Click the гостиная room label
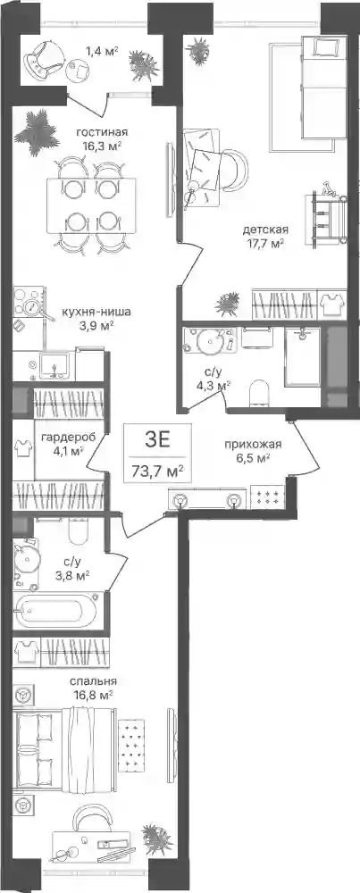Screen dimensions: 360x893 [x=102, y=132]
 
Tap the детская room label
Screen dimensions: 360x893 [x=265, y=230]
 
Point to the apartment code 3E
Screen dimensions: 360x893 [x=158, y=441]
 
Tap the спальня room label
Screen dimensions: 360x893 [x=94, y=681]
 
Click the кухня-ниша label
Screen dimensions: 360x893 [x=96, y=312]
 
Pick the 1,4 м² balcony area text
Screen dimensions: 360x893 [x=102, y=51]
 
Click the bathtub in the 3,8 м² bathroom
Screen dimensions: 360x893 [x=55, y=612]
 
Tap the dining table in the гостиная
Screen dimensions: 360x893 [x=92, y=204]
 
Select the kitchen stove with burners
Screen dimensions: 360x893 [x=28, y=303]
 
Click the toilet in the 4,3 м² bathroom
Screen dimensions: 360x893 [x=259, y=391]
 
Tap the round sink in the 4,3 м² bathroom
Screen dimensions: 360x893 [x=209, y=345]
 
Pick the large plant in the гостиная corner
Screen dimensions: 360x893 [x=38, y=133]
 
